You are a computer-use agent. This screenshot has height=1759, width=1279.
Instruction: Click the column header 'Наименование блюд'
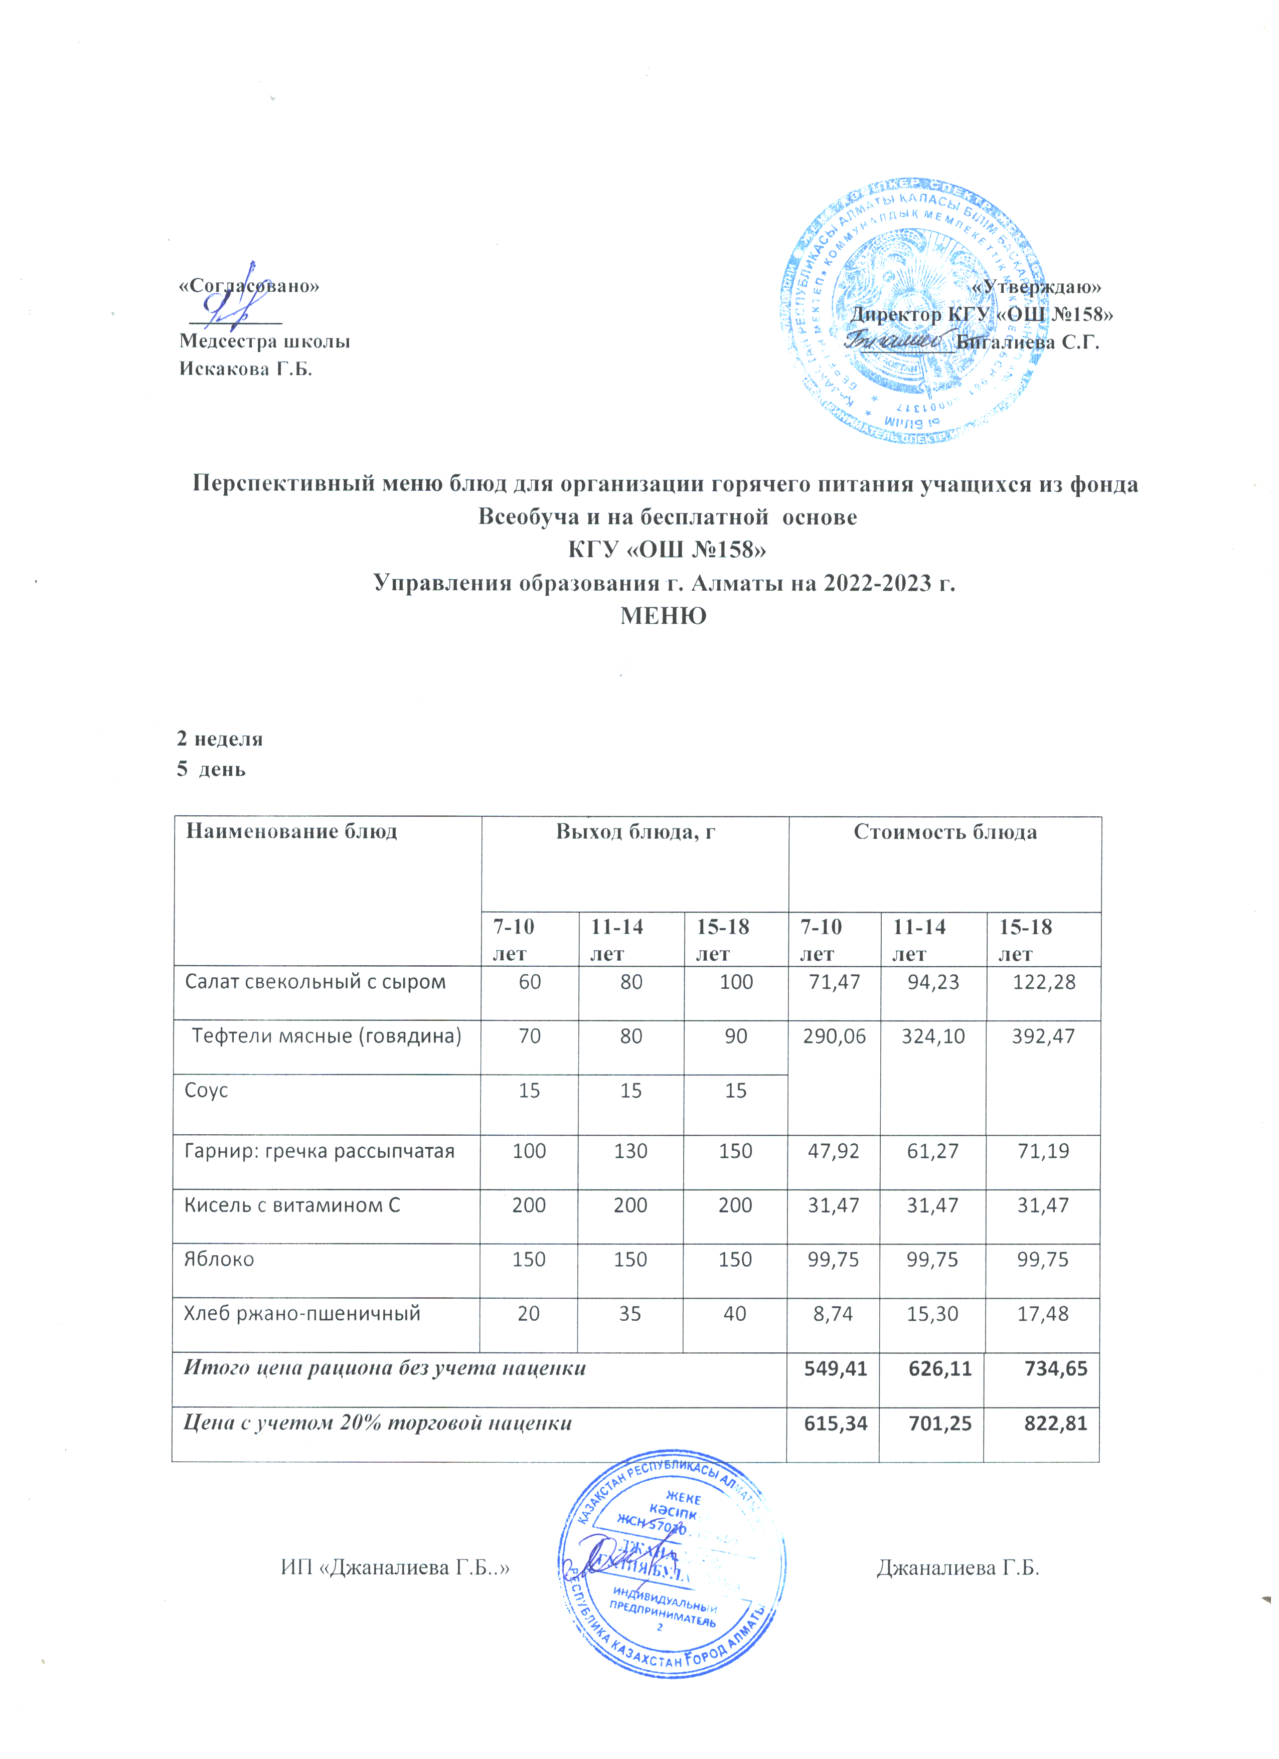click(x=291, y=832)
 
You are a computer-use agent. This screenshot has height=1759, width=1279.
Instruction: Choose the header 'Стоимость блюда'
click(x=945, y=832)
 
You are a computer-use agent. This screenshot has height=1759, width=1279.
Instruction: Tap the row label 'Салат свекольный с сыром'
click(x=315, y=982)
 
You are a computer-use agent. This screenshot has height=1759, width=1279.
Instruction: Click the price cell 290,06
click(x=834, y=1036)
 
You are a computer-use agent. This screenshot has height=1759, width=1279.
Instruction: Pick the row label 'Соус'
click(x=206, y=1091)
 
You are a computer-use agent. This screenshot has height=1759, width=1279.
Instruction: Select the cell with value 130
click(x=630, y=1151)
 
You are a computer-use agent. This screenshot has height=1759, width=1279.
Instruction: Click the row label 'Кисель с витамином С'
click(x=292, y=1205)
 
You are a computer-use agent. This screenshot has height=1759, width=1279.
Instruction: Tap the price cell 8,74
click(x=834, y=1314)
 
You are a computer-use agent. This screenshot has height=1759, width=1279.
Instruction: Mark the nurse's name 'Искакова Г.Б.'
click(x=246, y=369)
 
